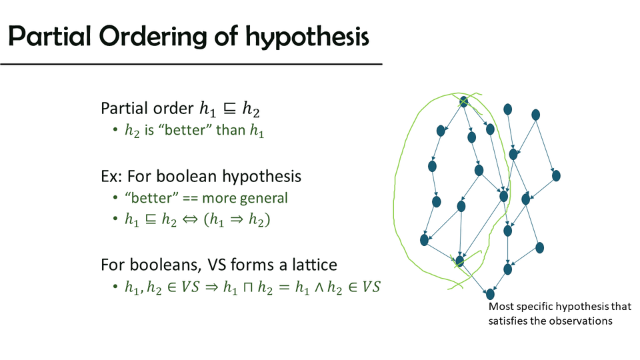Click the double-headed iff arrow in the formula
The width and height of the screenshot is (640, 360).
[189, 220]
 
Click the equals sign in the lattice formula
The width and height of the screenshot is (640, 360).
[285, 287]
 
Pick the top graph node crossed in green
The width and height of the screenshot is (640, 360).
[463, 101]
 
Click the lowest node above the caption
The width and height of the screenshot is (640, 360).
[490, 294]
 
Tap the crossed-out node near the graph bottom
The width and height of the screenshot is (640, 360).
[459, 261]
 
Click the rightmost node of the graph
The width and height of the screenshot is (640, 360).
[556, 176]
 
